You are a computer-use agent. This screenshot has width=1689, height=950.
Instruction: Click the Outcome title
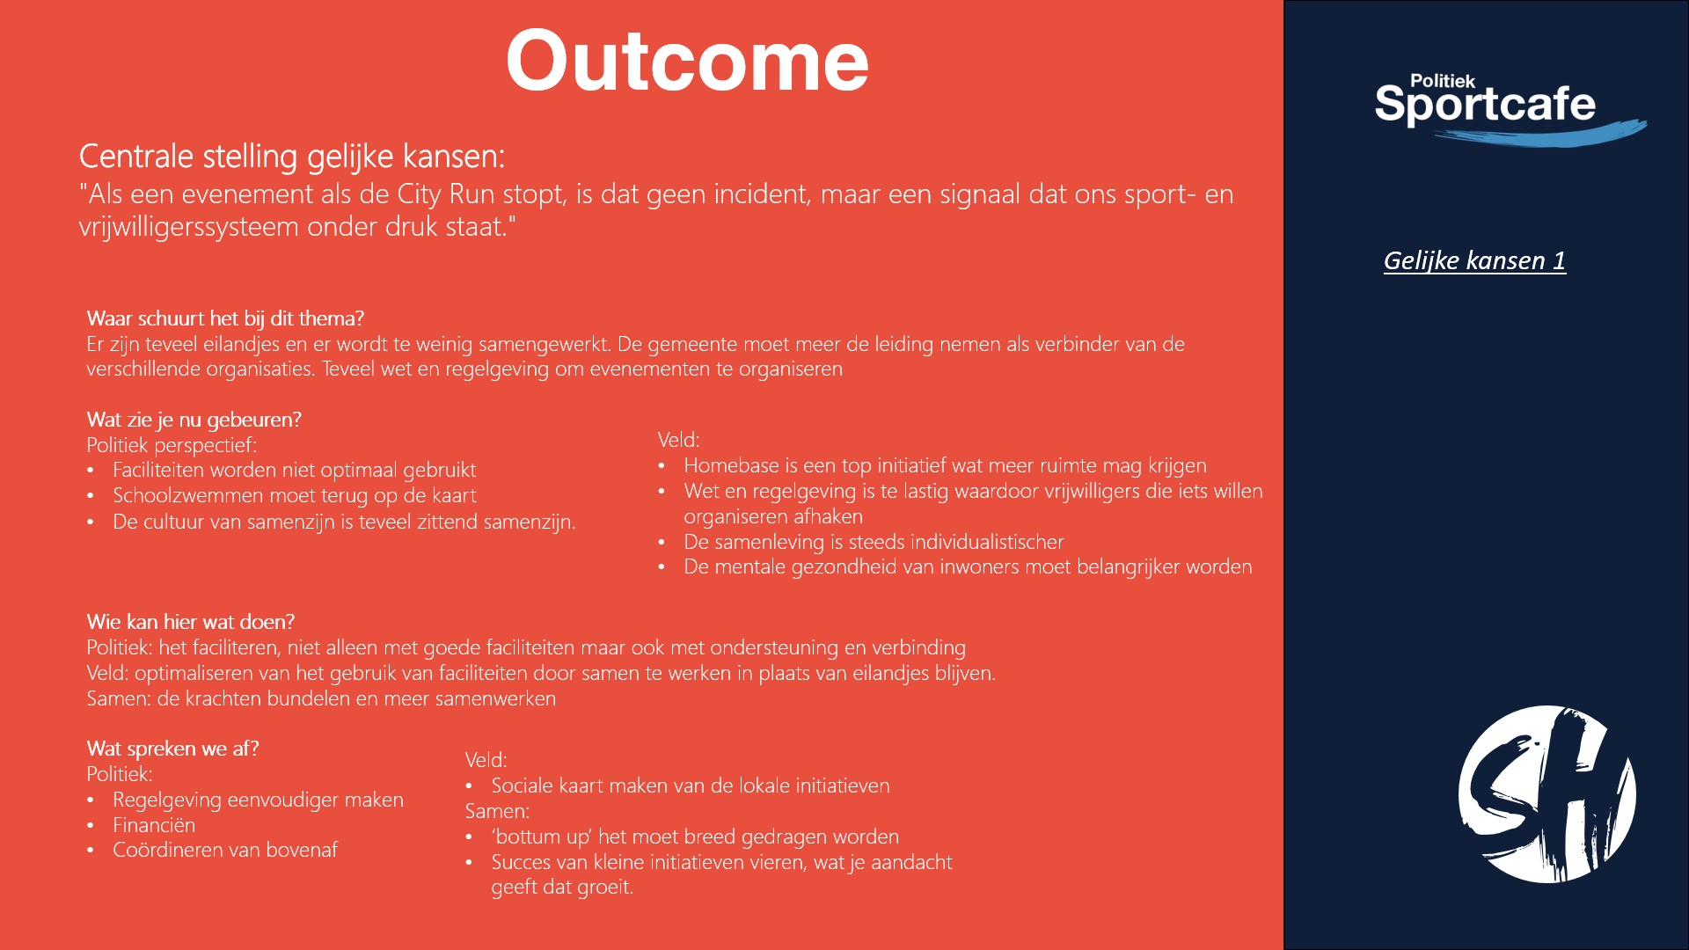point(687,61)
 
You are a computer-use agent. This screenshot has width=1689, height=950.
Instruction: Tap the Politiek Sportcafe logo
point(1510,109)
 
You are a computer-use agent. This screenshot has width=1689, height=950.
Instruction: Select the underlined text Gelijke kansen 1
point(1474,260)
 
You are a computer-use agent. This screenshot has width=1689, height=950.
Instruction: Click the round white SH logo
point(1546,794)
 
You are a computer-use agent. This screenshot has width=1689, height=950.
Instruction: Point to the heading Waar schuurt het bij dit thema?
point(225,318)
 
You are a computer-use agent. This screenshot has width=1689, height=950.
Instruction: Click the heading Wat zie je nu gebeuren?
point(194,420)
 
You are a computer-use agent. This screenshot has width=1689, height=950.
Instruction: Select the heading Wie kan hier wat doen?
point(191,622)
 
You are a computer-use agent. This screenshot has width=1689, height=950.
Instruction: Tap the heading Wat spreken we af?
point(172,749)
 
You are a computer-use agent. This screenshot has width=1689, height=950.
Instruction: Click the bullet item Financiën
point(154,825)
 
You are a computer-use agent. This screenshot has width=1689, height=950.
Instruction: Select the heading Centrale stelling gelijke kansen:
point(292,156)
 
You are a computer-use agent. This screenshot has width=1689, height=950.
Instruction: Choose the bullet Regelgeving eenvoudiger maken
point(258,800)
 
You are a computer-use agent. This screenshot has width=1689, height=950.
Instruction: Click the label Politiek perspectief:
point(172,445)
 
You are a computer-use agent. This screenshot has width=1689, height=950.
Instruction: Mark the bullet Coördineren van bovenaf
point(225,850)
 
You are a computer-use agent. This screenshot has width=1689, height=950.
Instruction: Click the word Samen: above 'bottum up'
point(497,811)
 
